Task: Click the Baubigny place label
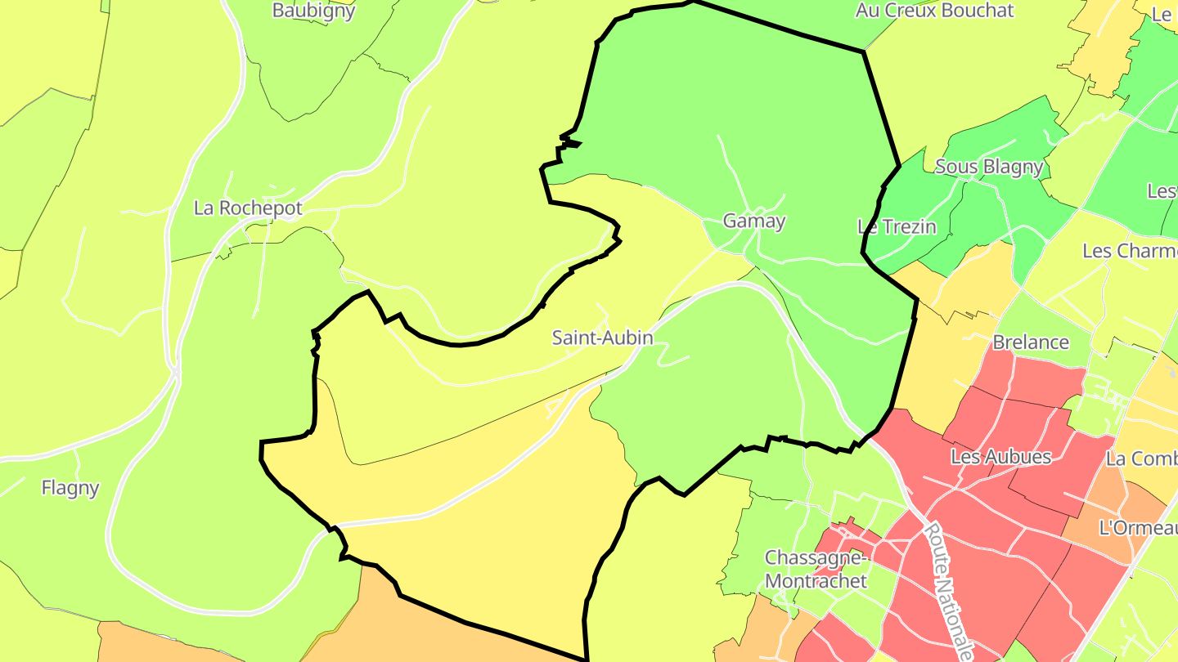[314, 11]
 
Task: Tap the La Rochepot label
[248, 208]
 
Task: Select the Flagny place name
[70, 488]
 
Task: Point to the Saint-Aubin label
[603, 338]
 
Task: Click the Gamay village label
[754, 221]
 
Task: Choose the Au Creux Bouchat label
[934, 11]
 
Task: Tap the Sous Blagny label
[989, 167]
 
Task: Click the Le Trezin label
[897, 226]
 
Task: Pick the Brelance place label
[1031, 342]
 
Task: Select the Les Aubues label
[1000, 457]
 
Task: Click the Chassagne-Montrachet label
[816, 570]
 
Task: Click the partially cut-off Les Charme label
[1130, 250]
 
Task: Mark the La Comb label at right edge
[1141, 458]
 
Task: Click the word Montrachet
[816, 581]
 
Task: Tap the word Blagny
[1014, 167]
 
